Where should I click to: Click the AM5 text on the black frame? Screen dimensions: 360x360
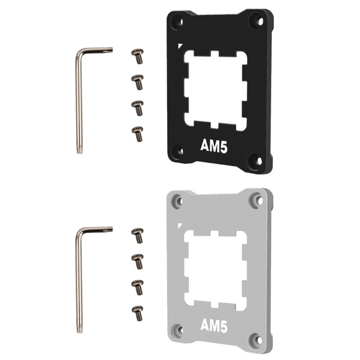[214, 146]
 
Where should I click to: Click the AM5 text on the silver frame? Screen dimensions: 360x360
[214, 325]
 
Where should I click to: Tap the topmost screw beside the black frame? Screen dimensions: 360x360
[138, 56]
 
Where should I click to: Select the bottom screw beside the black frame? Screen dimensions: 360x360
[138, 134]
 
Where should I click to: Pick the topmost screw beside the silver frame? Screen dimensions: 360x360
[138, 235]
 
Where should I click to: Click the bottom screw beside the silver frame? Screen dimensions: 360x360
[138, 313]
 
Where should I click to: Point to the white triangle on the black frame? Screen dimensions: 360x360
[180, 46]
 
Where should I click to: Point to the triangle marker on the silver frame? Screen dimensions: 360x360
[180, 225]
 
